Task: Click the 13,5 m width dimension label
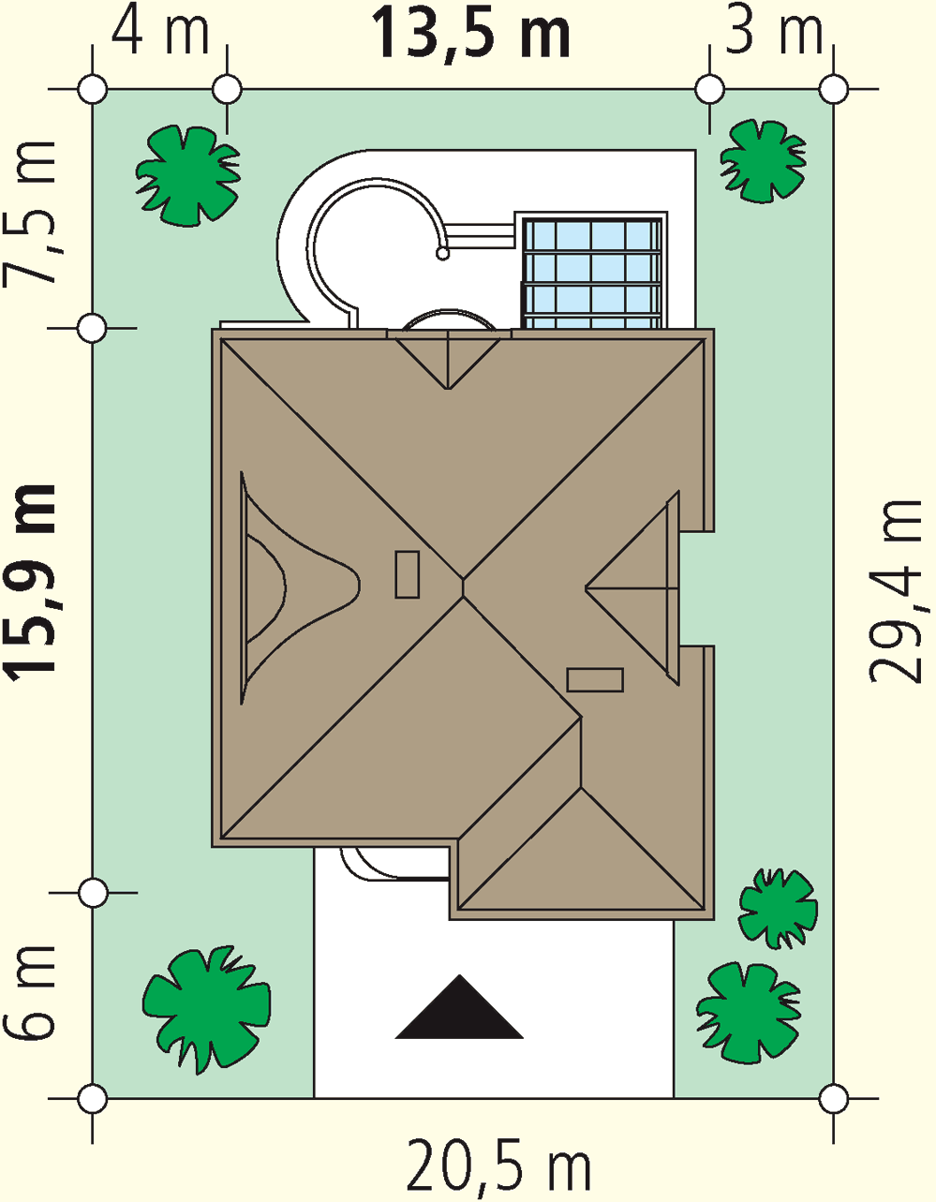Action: pyautogui.click(x=471, y=35)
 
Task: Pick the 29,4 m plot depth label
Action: pyautogui.click(x=896, y=592)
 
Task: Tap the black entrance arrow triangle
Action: pyautogui.click(x=459, y=1007)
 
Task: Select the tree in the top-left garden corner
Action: pyautogui.click(x=188, y=175)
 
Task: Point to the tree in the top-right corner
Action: pyautogui.click(x=763, y=161)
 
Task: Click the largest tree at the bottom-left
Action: pyautogui.click(x=207, y=1010)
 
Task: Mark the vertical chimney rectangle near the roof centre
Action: pyautogui.click(x=408, y=574)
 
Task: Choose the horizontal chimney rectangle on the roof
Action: pyautogui.click(x=595, y=680)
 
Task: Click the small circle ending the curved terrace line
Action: pyautogui.click(x=442, y=253)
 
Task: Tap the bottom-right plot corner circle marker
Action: pyautogui.click(x=834, y=1099)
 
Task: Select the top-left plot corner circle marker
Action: pyautogui.click(x=93, y=89)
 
